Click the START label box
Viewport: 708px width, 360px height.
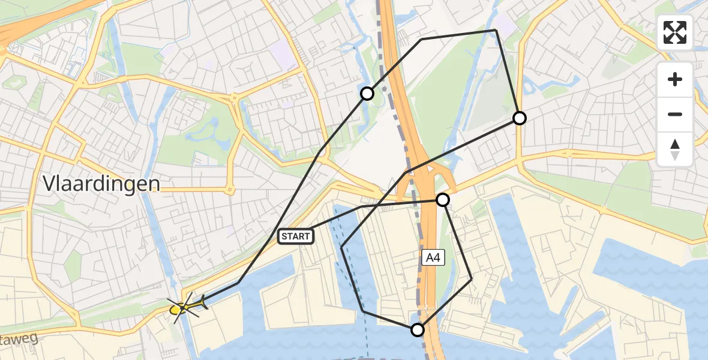[x=296, y=236]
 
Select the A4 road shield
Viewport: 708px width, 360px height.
[x=432, y=258]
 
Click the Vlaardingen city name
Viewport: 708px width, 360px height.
[x=101, y=184]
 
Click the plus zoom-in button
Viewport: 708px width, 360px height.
[x=675, y=79]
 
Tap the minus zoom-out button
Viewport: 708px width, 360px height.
[x=675, y=114]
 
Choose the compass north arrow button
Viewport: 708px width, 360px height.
[x=675, y=149]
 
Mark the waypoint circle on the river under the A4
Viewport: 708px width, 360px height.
[x=417, y=329]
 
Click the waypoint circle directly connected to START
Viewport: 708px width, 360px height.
[x=443, y=200]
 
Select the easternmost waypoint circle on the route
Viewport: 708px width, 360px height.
[x=520, y=118]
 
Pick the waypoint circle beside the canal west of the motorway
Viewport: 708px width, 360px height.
[x=367, y=94]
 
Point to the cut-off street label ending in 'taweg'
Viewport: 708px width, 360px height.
[x=18, y=340]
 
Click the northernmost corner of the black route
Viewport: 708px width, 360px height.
[x=496, y=30]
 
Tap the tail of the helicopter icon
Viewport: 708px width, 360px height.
[x=203, y=303]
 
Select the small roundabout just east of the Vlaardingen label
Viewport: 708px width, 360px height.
[x=229, y=190]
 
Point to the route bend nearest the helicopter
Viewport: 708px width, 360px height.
[x=239, y=283]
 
